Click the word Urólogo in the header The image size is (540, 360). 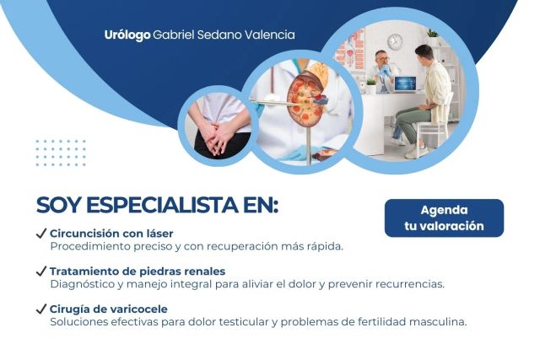point(127,35)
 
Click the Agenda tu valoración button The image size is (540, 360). point(444,218)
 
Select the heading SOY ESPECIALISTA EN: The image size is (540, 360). point(157,207)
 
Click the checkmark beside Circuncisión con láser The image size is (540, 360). point(41,233)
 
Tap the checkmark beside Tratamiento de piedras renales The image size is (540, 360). point(41,271)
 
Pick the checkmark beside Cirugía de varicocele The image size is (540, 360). point(41,309)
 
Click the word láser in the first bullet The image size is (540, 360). point(158,233)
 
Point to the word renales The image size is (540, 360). point(202,271)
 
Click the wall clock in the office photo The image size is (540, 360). point(395,41)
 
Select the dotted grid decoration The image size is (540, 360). point(61,153)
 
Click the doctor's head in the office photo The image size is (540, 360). point(381,58)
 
